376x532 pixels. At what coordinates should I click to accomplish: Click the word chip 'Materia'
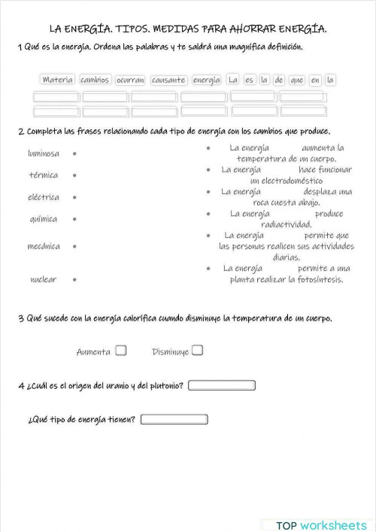[57, 80]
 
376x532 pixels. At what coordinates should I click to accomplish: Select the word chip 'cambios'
[95, 80]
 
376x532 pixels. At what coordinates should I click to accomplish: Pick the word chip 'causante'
[168, 80]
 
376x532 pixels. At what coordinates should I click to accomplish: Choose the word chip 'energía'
[207, 80]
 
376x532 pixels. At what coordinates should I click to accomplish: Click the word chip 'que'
[296, 80]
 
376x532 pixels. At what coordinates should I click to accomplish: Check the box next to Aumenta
[121, 350]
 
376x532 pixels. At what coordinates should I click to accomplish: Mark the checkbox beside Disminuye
[197, 350]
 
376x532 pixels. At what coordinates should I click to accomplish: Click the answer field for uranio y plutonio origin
[222, 386]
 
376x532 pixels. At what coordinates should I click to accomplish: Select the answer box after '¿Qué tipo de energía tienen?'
[174, 419]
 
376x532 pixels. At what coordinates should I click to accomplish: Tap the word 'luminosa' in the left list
[44, 154]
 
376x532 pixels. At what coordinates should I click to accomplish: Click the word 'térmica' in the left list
[44, 175]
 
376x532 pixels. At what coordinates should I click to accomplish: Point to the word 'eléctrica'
[44, 197]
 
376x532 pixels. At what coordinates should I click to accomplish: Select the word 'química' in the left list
[44, 219]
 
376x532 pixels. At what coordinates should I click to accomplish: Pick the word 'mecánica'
[44, 246]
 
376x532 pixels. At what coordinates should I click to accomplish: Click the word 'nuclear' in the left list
[44, 279]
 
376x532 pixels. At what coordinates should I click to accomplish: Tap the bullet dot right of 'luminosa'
[74, 154]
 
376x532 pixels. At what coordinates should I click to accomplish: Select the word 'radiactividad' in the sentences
[286, 224]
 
